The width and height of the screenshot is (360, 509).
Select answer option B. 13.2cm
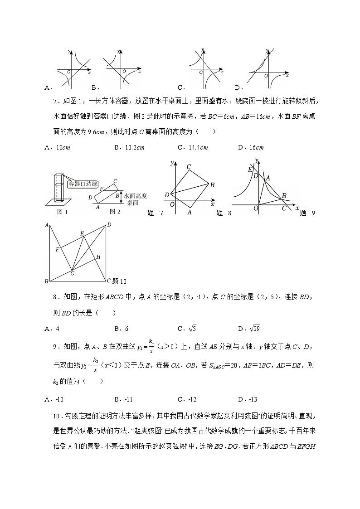[x=129, y=148]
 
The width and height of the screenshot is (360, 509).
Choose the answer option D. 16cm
[x=251, y=148]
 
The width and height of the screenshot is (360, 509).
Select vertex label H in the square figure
[x=98, y=257]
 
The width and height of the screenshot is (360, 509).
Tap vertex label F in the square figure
[x=57, y=249]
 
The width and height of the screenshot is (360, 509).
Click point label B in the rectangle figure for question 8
[x=212, y=184]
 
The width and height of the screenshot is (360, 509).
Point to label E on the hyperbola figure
[x=249, y=169]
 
